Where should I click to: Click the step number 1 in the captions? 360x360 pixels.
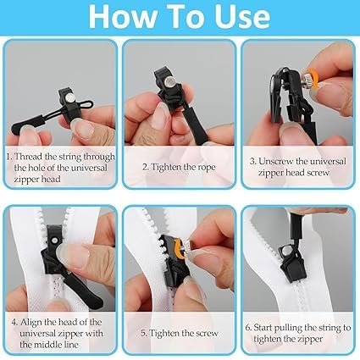pyautogui.click(x=10, y=155)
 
